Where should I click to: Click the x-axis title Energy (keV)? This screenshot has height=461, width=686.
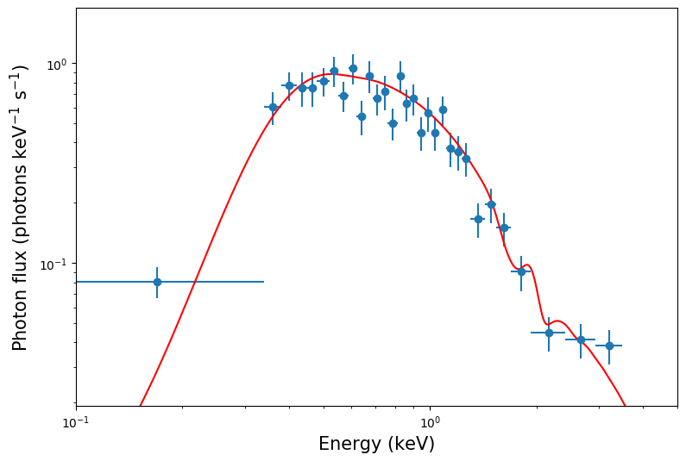pyautogui.click(x=376, y=445)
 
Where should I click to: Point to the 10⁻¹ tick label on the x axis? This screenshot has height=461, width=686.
pyautogui.click(x=76, y=422)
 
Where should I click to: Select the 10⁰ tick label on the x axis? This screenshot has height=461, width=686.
pyautogui.click(x=430, y=422)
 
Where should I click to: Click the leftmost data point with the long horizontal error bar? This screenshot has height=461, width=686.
pyautogui.click(x=157, y=282)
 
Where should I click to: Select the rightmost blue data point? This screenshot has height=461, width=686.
pyautogui.click(x=609, y=346)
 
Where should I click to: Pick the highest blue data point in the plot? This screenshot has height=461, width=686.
pyautogui.click(x=353, y=68)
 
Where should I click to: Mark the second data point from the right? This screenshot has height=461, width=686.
pyautogui.click(x=581, y=340)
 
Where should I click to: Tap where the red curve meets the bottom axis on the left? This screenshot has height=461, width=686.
pyautogui.click(x=140, y=404)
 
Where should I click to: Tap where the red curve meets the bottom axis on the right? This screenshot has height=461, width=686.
pyautogui.click(x=624, y=404)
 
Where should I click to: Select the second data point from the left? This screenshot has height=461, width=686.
pyautogui.click(x=273, y=107)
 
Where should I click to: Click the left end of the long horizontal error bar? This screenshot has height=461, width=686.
pyautogui.click(x=77, y=282)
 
